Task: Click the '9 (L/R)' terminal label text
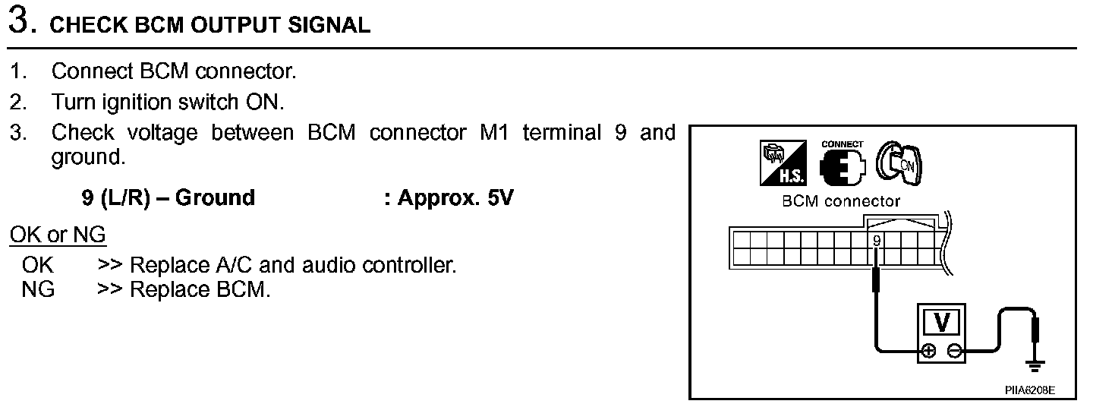(x=116, y=198)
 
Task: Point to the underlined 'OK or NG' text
(x=58, y=235)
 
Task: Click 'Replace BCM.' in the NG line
(x=200, y=289)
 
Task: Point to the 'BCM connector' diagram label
(x=840, y=202)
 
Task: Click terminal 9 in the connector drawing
(x=877, y=241)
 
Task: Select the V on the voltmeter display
(x=941, y=323)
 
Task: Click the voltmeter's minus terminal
(x=956, y=350)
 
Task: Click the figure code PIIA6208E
(x=1029, y=390)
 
